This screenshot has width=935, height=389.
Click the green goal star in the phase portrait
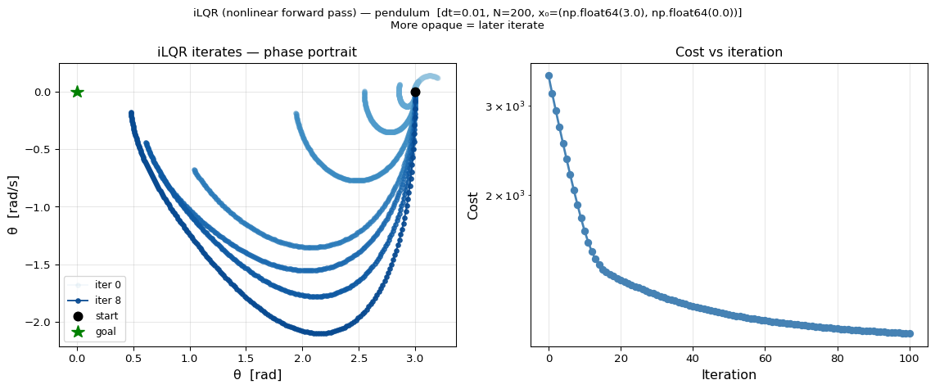pos(77,92)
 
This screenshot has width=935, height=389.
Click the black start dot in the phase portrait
pos(415,92)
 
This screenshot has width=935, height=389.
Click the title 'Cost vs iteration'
pos(729,52)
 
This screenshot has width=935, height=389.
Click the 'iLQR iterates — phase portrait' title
pos(257,52)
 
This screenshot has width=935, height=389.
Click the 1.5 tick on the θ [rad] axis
pos(246,358)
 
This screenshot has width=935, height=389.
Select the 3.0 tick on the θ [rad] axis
pos(415,358)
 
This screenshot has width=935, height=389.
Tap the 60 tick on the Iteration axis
pos(765,358)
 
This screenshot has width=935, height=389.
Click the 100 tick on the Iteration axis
pos(909,358)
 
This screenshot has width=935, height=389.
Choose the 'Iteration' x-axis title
pos(729,375)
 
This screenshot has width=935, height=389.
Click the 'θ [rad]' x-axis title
pos(257,375)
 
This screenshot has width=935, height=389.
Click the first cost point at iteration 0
pos(549,75)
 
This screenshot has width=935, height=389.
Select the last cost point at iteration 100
pos(909,333)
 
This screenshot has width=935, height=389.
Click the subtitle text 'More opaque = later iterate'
pos(467,25)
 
